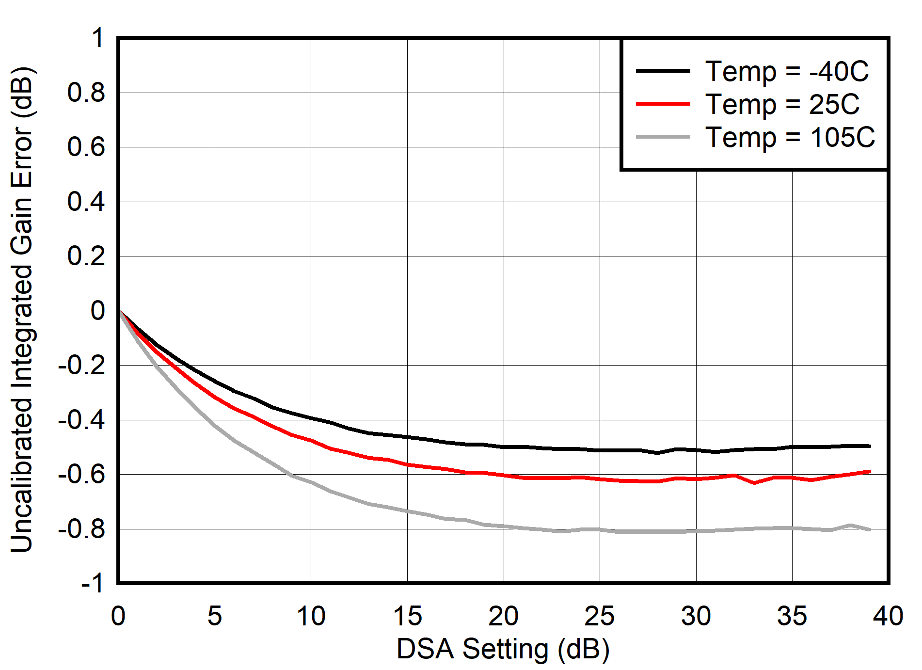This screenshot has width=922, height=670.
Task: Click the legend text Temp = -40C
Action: [x=787, y=71]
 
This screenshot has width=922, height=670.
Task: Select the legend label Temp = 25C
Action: [x=782, y=104]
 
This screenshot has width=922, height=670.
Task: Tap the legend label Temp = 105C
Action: [x=790, y=137]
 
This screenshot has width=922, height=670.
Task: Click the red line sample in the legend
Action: [x=663, y=104]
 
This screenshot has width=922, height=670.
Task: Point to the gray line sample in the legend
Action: [x=663, y=137]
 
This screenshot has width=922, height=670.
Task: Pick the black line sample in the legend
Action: [x=663, y=71]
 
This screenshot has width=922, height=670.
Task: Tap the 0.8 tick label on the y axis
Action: [x=86, y=93]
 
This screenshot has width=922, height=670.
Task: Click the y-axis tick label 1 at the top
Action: [x=97, y=38]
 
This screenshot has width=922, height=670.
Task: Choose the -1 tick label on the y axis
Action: [x=92, y=583]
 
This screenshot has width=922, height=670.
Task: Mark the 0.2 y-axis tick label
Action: [x=86, y=256]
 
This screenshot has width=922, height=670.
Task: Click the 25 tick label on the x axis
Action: [x=599, y=616]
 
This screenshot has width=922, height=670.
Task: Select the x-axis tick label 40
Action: [x=888, y=616]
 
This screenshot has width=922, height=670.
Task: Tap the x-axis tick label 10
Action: [x=311, y=616]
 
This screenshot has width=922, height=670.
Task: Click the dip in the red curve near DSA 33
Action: [x=754, y=483]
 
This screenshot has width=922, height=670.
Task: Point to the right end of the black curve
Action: [x=870, y=446]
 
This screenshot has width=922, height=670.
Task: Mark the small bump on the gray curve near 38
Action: [x=850, y=525]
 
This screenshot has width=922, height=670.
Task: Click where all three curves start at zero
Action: [x=119, y=310]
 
